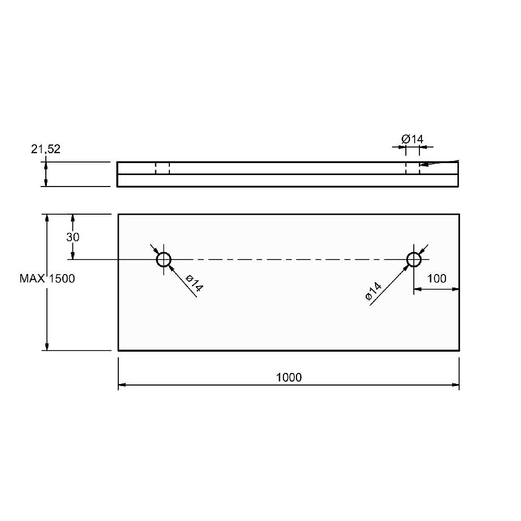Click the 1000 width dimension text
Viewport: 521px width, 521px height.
pos(289,377)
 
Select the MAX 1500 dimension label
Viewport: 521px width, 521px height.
pos(47,278)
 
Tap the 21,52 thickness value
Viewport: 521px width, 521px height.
pos(46,149)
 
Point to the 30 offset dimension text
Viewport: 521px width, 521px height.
pos(73,237)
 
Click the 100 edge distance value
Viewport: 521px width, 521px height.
pos(437,278)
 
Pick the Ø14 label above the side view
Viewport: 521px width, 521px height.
pos(412,139)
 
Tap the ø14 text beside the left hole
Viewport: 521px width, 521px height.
pos(194,283)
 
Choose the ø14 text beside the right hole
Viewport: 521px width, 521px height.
pos(374,291)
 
